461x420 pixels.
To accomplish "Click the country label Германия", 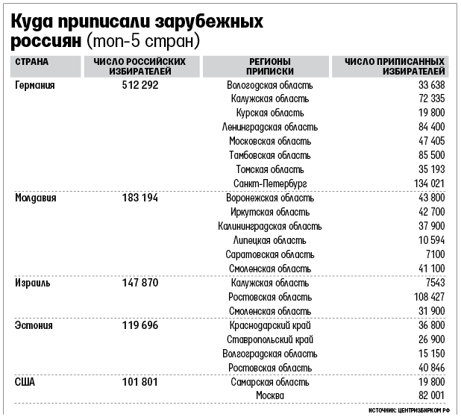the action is (35, 85).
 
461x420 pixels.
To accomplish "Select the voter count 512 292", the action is (140, 85).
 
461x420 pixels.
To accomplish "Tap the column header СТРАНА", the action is (32, 62).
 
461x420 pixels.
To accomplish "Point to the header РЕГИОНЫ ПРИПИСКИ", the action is (270, 66).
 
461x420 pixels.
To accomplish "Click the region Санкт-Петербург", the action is (270, 184).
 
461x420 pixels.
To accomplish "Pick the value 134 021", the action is (429, 184).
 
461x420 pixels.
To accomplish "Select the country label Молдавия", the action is (36, 198).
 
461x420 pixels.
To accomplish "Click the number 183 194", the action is (140, 198).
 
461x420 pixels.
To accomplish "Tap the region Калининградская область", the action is (270, 227).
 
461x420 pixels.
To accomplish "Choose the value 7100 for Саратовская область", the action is (436, 254).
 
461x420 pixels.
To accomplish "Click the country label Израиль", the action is (32, 283).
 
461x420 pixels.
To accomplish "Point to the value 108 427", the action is (429, 297).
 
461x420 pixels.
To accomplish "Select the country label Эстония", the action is (34, 325).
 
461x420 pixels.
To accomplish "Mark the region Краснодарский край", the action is (270, 325).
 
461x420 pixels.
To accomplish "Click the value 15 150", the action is (432, 354).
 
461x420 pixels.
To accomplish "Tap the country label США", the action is (25, 383).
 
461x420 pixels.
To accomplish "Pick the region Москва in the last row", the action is (270, 395).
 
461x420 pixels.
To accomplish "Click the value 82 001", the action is (432, 395).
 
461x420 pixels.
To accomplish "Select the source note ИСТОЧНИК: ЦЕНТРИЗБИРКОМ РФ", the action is (409, 410).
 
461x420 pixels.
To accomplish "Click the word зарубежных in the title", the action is (209, 22).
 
